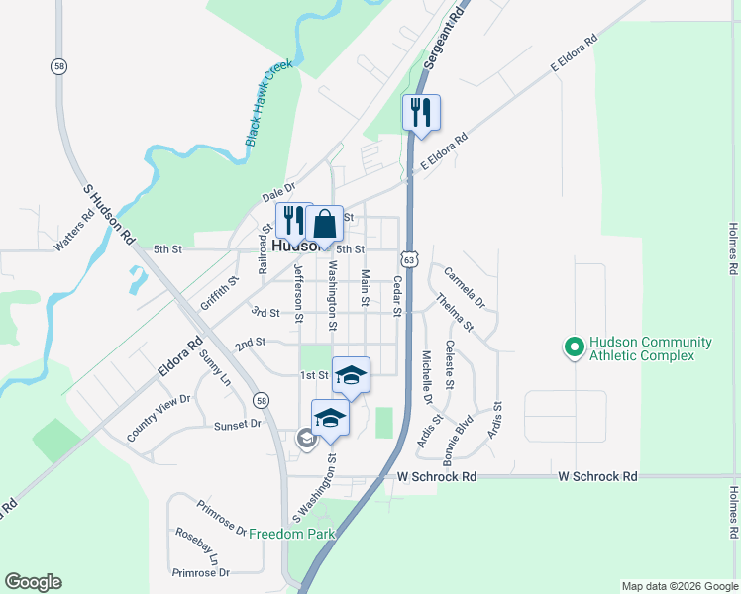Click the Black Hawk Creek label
tap(270, 104)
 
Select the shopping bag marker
tap(324, 226)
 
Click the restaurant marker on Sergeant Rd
tap(421, 114)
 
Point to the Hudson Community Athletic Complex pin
tap(573, 348)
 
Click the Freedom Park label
tap(292, 534)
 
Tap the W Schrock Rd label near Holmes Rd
tap(596, 476)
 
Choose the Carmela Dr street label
tap(465, 286)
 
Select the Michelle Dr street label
tap(427, 377)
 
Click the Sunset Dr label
tap(237, 424)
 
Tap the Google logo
tap(33, 582)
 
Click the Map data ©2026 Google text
tap(679, 586)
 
